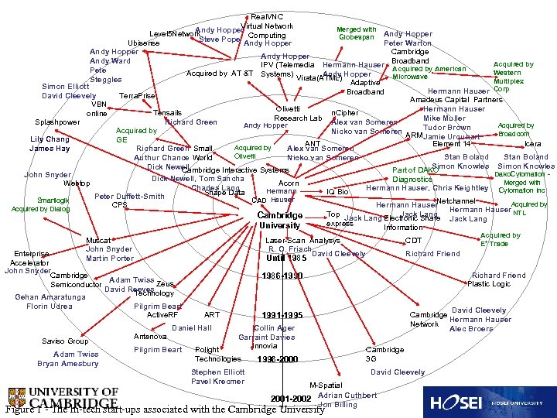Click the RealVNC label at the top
coord(267,16)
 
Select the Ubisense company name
coord(144,43)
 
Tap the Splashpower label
coord(57,122)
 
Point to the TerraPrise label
coord(137,95)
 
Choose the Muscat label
coord(98,241)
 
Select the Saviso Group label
coord(66,341)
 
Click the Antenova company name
coord(150,337)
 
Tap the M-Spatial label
coord(326,385)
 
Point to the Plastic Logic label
coord(489,284)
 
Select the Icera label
coord(533,144)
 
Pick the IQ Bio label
coord(338,191)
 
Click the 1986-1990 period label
coord(282,276)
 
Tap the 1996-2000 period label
coord(277,359)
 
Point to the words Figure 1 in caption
coord(22,409)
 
